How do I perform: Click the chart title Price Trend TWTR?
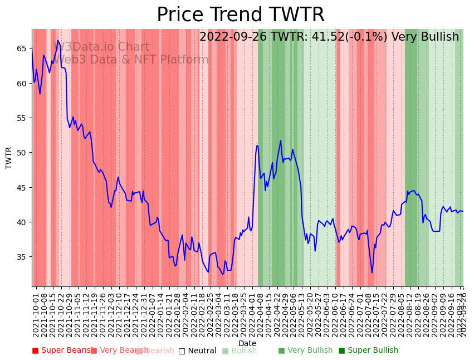[x=240, y=15]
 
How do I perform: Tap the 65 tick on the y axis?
[x=22, y=48]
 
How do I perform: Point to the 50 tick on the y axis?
[x=22, y=153]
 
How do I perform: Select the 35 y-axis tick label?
[x=22, y=257]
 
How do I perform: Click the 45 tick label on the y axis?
[x=22, y=187]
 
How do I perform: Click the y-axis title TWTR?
[x=9, y=158]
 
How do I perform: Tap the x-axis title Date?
[x=247, y=343]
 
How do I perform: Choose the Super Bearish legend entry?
[x=63, y=351]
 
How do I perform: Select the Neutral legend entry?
[x=197, y=351]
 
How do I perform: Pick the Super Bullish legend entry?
[x=368, y=351]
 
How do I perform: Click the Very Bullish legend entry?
[x=305, y=351]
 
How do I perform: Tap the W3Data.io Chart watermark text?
[x=101, y=47]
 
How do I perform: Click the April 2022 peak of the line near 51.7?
[x=281, y=140]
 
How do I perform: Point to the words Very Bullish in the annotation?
[x=425, y=37]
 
